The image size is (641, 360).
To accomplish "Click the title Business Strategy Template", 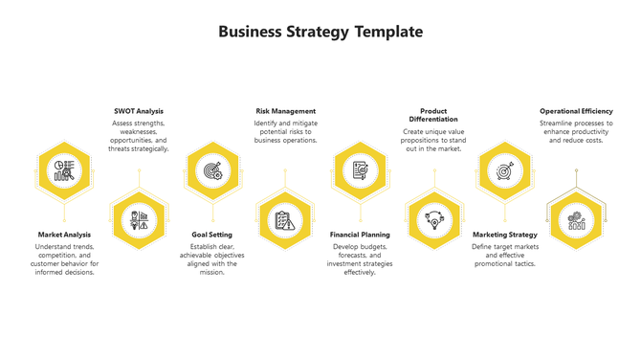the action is [320, 32].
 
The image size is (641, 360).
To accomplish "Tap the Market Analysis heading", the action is [65, 235].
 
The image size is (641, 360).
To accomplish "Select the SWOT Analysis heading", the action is [139, 111].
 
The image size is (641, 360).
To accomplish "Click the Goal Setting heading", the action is [212, 235].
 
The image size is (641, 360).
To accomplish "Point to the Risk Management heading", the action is [285, 111].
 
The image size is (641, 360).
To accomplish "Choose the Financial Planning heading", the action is [359, 235].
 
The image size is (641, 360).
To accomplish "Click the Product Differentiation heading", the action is [433, 115].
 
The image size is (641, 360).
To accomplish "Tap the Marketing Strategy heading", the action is [505, 235].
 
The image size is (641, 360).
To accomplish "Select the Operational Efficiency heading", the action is [577, 111].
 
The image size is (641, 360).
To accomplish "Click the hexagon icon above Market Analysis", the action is [65, 170].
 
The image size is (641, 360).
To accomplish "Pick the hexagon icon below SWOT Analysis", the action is [139, 220].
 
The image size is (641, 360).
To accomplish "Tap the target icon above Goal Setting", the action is [212, 170].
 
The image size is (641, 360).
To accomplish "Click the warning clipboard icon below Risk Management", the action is [285, 220].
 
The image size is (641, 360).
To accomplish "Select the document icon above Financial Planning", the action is [359, 170].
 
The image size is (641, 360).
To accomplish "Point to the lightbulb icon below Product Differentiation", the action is [433, 220].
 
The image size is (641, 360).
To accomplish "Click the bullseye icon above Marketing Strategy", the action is [505, 170].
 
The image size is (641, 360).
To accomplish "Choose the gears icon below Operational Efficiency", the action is [577, 220].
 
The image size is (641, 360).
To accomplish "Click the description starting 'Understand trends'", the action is [65, 259].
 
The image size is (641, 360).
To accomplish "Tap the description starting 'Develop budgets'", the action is [359, 259].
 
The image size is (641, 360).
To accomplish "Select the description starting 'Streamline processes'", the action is [577, 131].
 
